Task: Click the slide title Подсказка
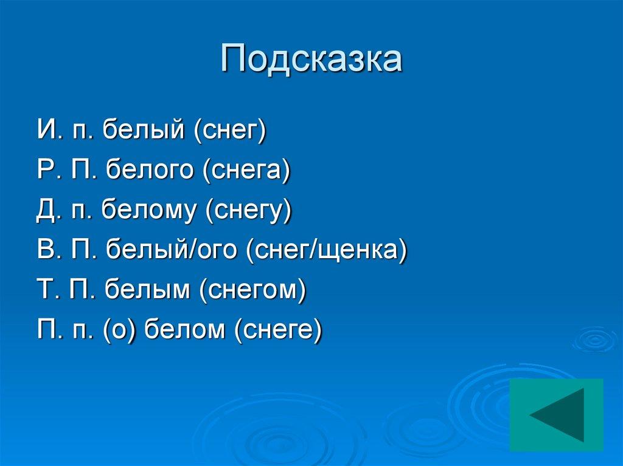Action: (311, 60)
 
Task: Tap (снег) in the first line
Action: (231, 131)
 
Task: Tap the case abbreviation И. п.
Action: (64, 131)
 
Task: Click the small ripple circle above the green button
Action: (594, 340)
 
